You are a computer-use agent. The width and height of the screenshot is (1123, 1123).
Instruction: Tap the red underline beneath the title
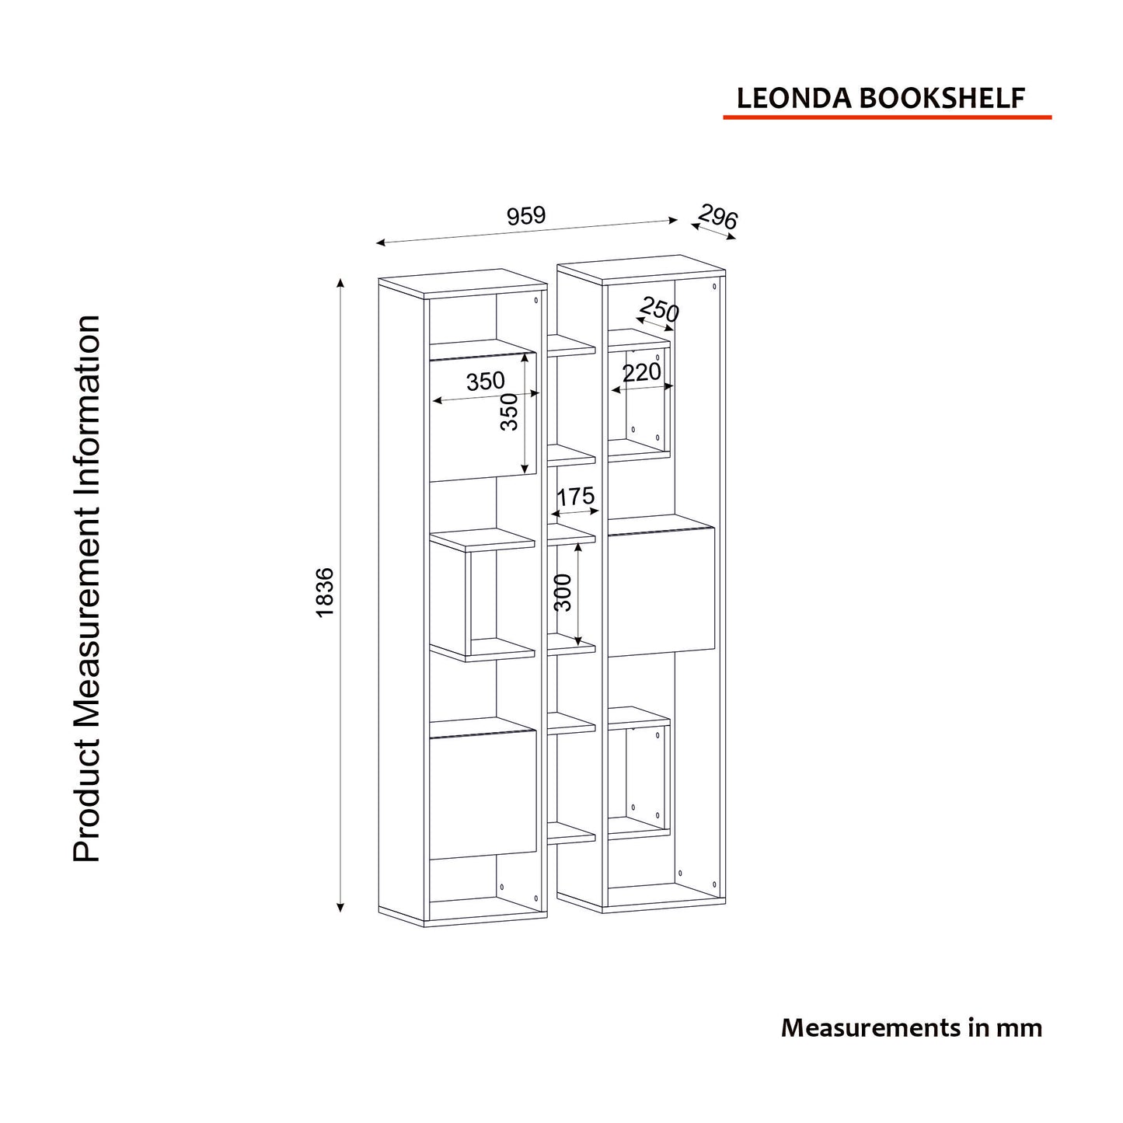tap(887, 117)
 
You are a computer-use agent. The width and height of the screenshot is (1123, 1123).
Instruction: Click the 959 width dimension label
tap(525, 215)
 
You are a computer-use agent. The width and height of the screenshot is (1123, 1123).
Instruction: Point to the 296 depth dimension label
tap(717, 217)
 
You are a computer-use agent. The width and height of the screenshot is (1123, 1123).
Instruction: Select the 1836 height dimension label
tap(325, 592)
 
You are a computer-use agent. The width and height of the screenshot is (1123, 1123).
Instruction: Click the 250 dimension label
tap(659, 309)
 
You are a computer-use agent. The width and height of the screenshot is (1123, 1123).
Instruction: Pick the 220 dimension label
tap(642, 372)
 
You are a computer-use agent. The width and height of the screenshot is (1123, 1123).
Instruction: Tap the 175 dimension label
tap(575, 497)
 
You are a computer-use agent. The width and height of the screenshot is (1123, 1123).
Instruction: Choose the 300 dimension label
tap(563, 593)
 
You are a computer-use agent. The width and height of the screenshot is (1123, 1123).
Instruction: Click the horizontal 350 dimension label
tap(485, 381)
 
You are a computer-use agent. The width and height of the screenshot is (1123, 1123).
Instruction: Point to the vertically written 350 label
tap(509, 412)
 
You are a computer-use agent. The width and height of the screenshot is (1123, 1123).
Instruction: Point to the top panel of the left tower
tap(462, 283)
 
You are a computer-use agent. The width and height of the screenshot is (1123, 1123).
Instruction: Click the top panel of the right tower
tap(641, 269)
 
